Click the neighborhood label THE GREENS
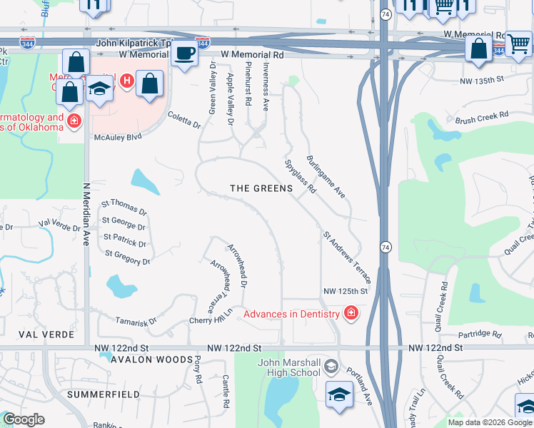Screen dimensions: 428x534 (261, 188)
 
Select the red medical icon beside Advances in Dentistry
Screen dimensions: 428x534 (351, 312)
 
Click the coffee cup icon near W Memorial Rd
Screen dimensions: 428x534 (185, 53)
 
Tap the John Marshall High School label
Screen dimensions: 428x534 (288, 367)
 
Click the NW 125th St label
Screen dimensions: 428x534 (345, 291)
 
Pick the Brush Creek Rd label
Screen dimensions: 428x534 (481, 114)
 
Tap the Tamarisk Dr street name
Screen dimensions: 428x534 (136, 322)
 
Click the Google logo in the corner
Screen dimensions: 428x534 (24, 419)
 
